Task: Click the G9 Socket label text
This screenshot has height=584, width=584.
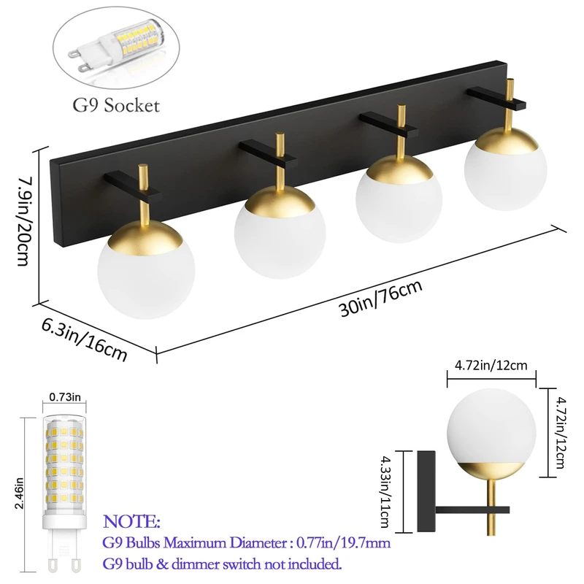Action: pos(116,105)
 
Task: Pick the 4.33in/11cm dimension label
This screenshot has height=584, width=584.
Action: pos(387,484)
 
